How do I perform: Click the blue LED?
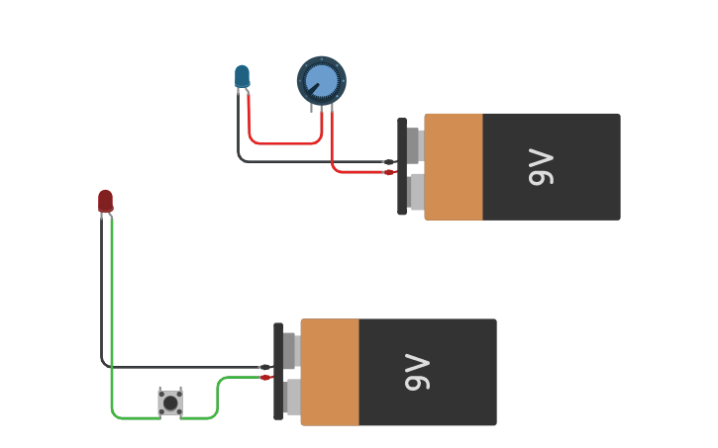[242, 76]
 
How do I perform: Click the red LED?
[105, 201]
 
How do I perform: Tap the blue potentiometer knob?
[322, 80]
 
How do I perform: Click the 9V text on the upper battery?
[541, 167]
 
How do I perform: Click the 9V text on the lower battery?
[417, 373]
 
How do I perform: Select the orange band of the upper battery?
[454, 166]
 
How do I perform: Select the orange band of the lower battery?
[330, 372]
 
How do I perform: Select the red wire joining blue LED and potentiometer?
[282, 143]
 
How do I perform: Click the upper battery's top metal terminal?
[415, 145]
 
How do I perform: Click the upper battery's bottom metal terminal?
[416, 192]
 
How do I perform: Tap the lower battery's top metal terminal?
[291, 350]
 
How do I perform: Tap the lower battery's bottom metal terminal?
[292, 397]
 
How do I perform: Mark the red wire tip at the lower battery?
[265, 377]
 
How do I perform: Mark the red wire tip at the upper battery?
[389, 172]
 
